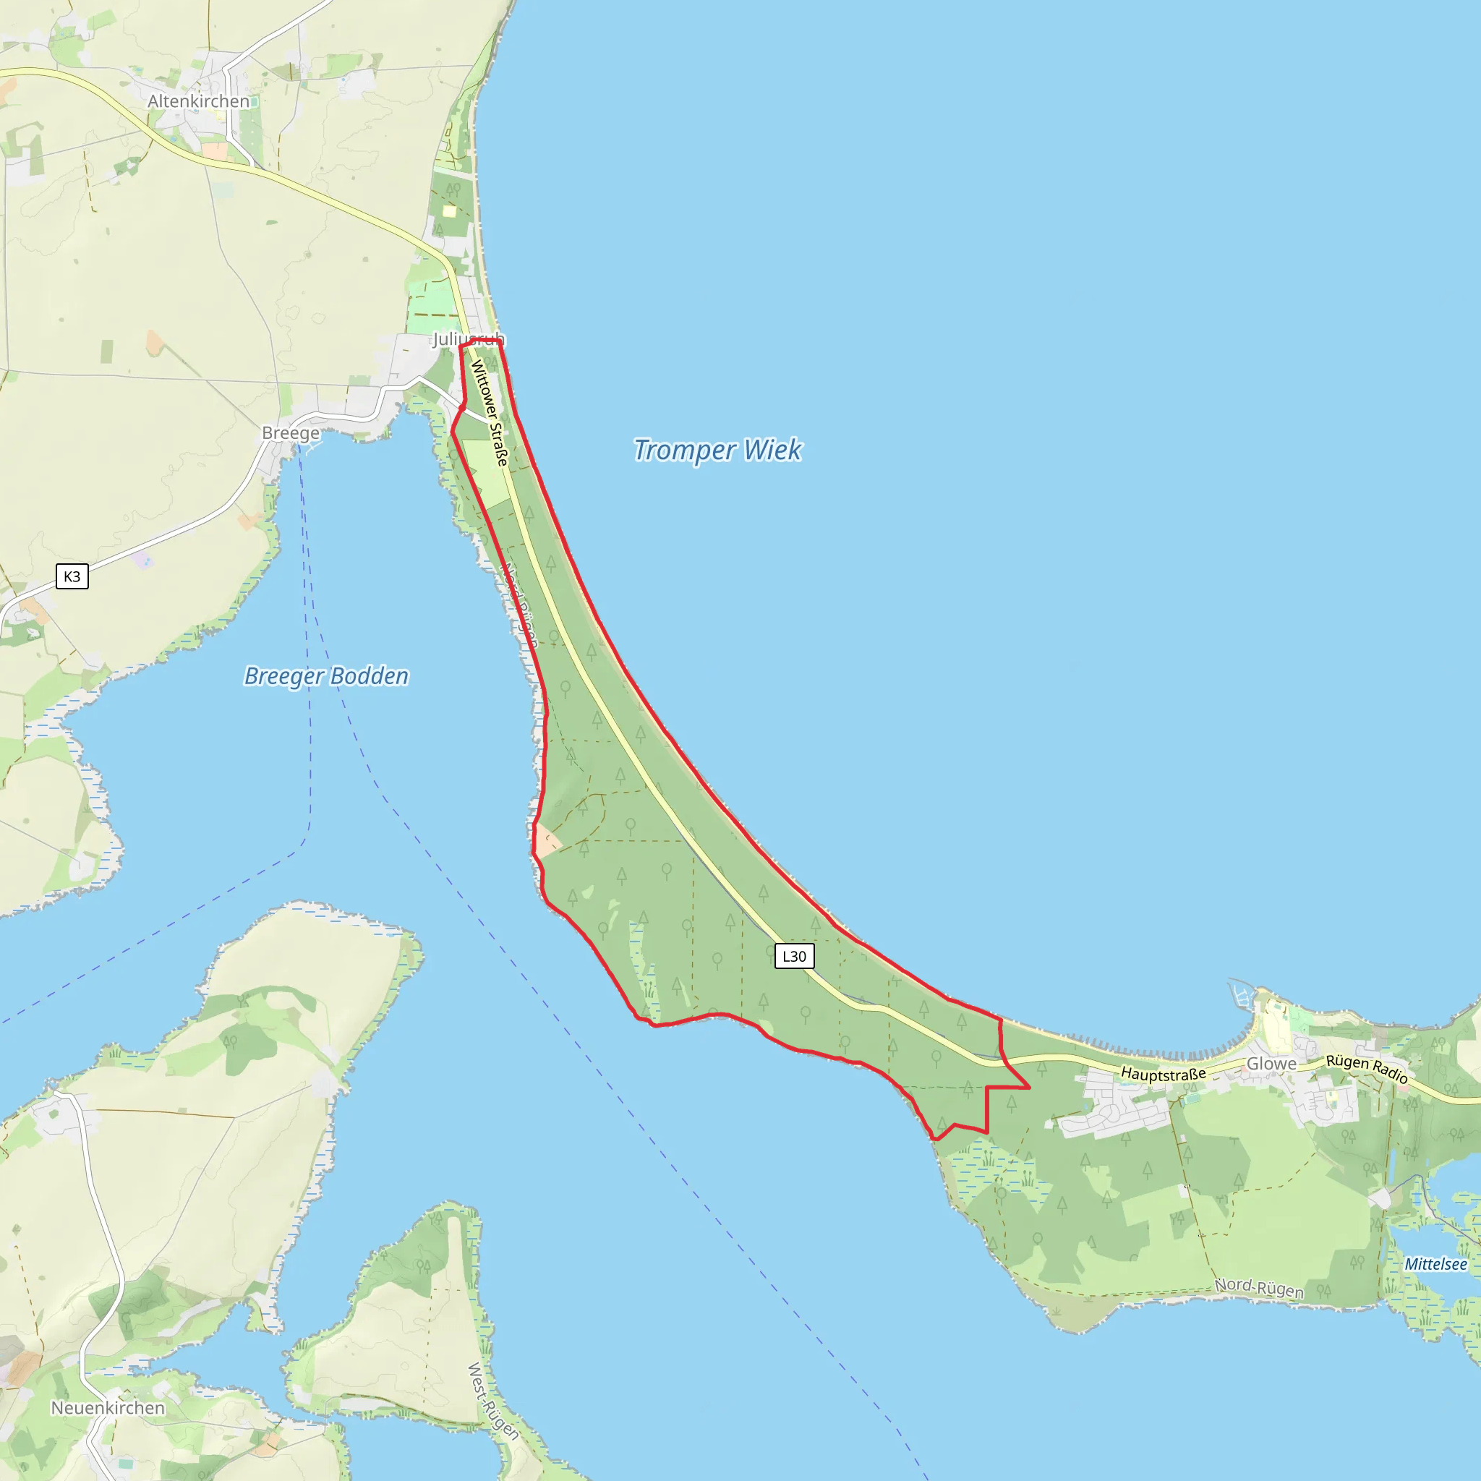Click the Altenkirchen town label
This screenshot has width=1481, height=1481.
(199, 101)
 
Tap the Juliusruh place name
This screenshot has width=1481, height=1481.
(469, 339)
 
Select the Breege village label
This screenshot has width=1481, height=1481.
(291, 433)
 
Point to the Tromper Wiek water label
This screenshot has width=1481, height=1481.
(717, 450)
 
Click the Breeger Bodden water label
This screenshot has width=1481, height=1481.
(327, 676)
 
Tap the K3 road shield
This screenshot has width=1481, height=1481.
(72, 576)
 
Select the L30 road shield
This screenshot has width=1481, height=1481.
(794, 956)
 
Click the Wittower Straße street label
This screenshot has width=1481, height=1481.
(490, 412)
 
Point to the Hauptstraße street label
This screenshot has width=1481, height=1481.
(1163, 1074)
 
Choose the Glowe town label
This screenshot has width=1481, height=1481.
(1271, 1064)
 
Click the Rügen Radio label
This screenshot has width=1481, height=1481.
(1367, 1069)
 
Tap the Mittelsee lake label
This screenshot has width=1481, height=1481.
(1435, 1264)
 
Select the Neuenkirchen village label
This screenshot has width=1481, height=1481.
(108, 1407)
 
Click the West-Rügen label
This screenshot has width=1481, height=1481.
(493, 1401)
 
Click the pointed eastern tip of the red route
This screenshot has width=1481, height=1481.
(1029, 1087)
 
